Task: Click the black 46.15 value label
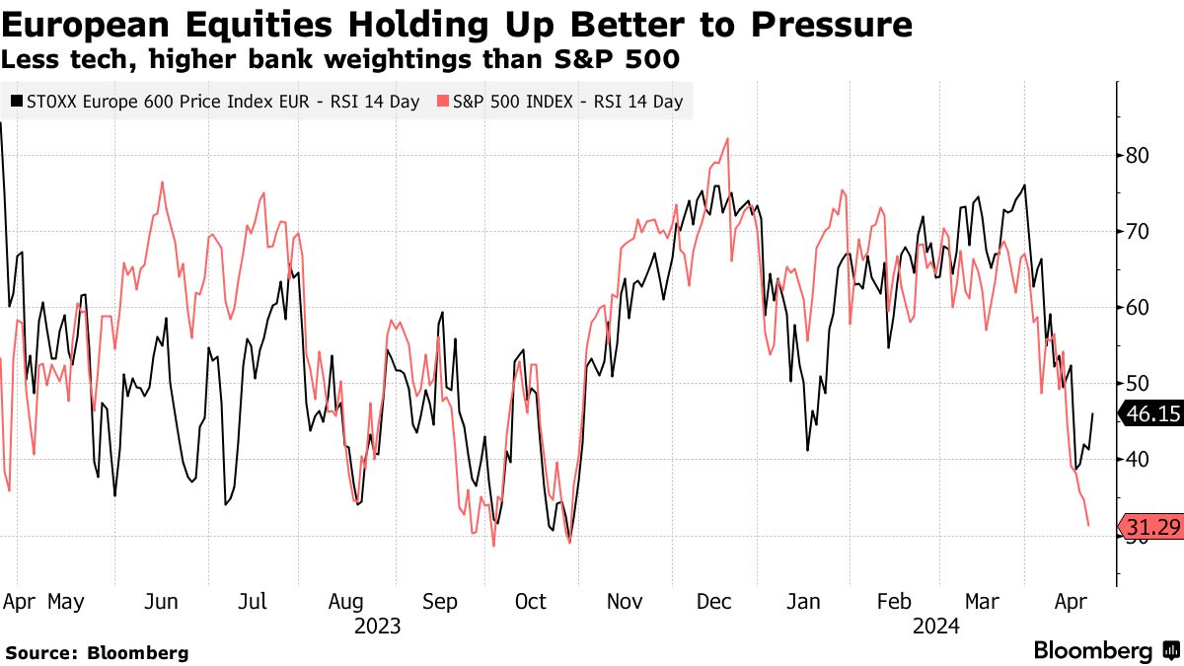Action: tap(1152, 414)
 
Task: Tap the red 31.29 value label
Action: tap(1152, 528)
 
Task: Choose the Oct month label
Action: tap(530, 602)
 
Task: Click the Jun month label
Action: tap(161, 602)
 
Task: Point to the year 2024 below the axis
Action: tap(937, 627)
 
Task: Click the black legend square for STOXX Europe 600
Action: tap(15, 101)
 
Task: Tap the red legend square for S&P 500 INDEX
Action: tap(444, 101)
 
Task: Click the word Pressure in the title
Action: tap(834, 24)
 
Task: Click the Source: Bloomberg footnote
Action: tap(97, 652)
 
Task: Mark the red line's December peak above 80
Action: tap(727, 139)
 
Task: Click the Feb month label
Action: tap(894, 602)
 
